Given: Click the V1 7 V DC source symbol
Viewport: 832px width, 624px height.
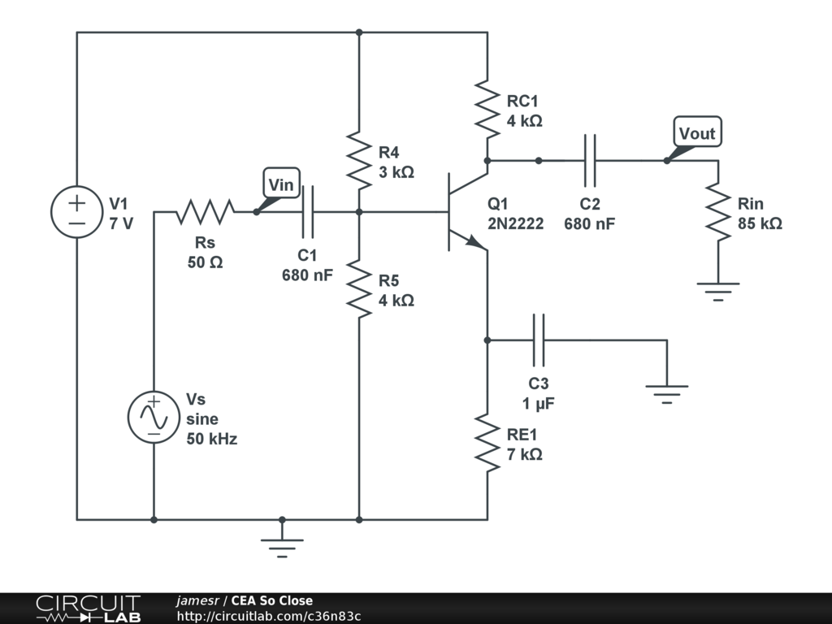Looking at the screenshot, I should click(77, 212).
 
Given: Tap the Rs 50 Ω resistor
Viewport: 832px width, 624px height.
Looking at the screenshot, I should click(206, 212).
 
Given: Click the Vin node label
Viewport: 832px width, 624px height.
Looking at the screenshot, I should click(281, 184).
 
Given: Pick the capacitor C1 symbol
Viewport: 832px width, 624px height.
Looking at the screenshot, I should click(307, 212).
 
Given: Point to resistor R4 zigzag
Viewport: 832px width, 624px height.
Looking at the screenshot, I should click(359, 158).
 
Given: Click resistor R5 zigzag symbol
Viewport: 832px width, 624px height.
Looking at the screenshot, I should click(359, 288).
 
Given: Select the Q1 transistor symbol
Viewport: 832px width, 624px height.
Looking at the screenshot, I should click(463, 212).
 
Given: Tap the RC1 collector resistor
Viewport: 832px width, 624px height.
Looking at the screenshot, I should click(487, 107).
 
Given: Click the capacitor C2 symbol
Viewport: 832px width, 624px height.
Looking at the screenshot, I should click(590, 160).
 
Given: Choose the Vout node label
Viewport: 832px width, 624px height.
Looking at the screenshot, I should click(697, 133).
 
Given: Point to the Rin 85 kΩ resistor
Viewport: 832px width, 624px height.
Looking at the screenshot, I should click(718, 211).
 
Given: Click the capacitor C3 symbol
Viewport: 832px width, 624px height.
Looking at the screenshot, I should click(538, 340).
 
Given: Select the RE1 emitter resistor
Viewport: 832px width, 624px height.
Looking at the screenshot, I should click(487, 443).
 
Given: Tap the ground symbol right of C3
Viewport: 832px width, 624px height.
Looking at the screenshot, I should click(667, 394).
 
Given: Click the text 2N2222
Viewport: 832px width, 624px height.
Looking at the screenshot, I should click(515, 223).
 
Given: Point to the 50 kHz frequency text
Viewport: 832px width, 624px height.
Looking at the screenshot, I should click(212, 439).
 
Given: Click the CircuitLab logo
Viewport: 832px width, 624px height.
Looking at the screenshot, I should click(87, 609).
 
